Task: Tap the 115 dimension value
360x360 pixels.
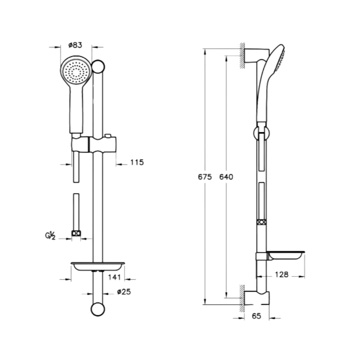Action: tap(137, 162)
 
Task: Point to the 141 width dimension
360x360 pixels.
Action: tap(114, 278)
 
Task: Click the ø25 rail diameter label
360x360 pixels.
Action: tap(123, 292)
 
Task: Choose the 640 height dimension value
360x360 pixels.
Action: tap(226, 177)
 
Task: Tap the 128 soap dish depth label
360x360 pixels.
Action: tap(281, 274)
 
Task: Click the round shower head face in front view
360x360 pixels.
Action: tap(75, 72)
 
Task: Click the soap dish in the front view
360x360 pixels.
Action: tap(97, 266)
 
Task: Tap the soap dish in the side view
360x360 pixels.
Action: tap(285, 255)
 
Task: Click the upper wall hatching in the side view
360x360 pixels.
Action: tap(243, 56)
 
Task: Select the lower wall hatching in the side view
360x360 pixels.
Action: tap(243, 296)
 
